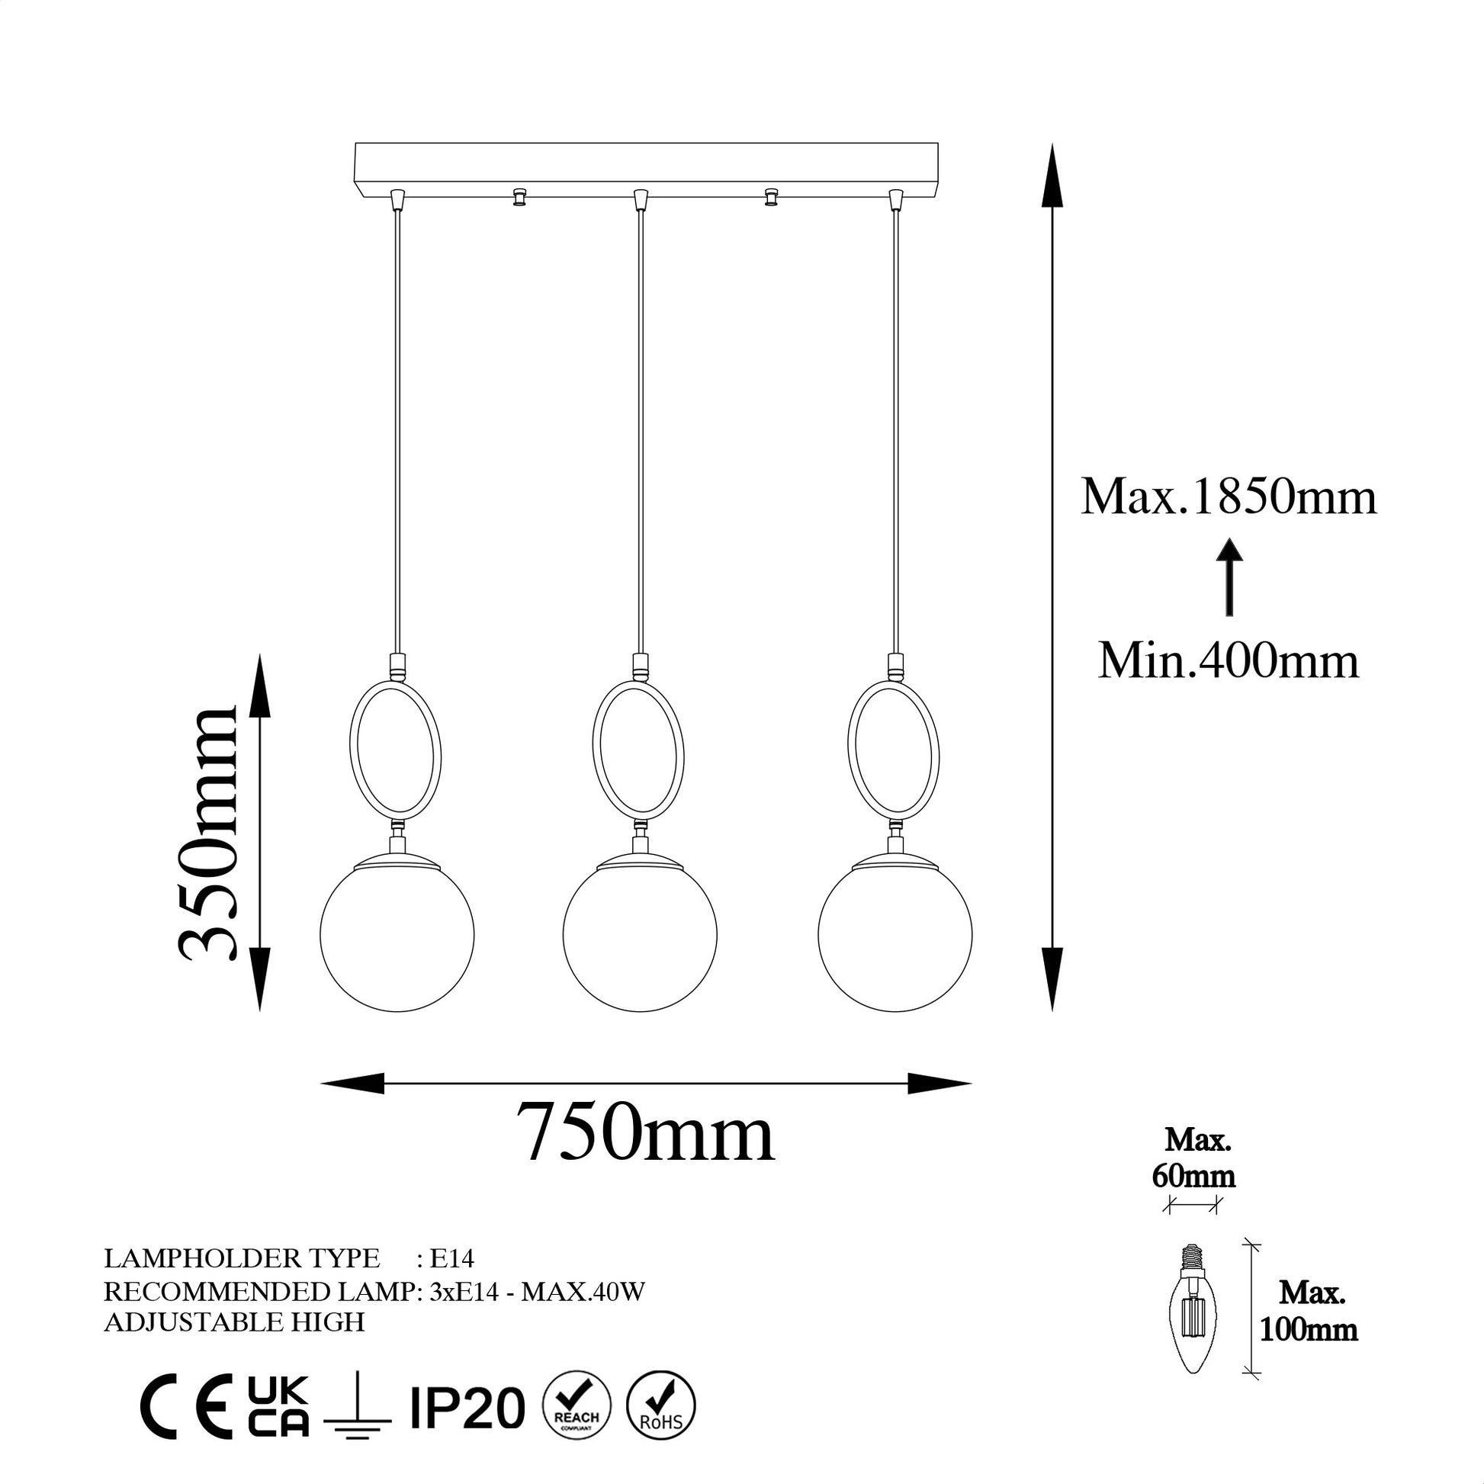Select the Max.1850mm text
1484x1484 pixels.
click(1229, 496)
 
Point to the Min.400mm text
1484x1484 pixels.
click(1229, 660)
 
